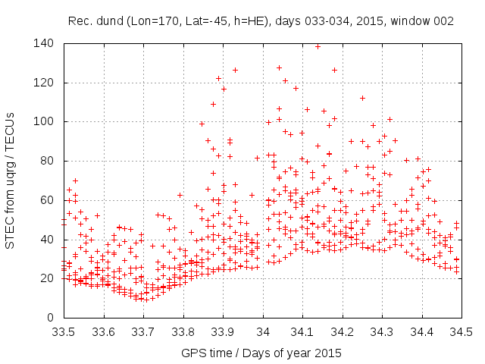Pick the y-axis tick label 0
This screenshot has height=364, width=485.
click(52, 317)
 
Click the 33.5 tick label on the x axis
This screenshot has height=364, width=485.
click(64, 331)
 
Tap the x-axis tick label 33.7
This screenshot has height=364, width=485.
click(143, 331)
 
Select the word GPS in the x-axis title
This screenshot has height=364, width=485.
click(193, 353)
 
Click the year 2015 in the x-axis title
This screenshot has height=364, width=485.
click(328, 353)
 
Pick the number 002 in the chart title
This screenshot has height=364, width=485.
click(443, 21)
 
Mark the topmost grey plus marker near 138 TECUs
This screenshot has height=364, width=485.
click(318, 46)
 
